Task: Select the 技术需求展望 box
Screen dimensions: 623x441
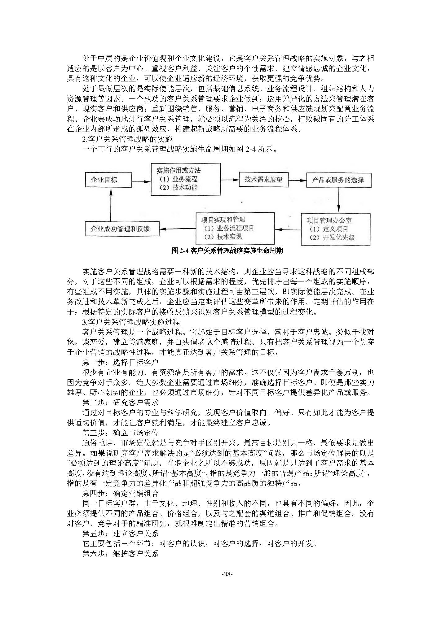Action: coord(263,180)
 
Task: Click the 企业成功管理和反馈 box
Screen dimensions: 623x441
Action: coord(122,229)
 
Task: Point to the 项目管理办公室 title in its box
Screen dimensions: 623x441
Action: coord(329,220)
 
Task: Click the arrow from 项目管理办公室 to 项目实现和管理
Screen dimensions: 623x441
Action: coord(288,229)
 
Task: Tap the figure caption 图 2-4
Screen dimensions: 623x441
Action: coord(227,251)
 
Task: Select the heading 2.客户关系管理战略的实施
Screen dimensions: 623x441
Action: coord(127,139)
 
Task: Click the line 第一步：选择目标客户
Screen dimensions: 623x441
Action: coord(120,362)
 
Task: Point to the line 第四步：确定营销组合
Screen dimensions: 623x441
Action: coord(120,493)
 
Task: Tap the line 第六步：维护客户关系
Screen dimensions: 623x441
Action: coord(120,553)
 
